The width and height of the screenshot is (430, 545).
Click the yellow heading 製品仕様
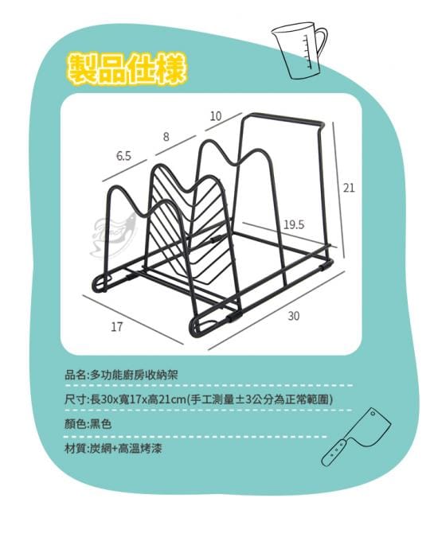(x=127, y=70)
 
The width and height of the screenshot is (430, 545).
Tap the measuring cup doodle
(x=300, y=49)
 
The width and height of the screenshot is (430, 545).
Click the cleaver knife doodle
(x=356, y=437)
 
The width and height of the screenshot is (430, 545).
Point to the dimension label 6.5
(x=124, y=156)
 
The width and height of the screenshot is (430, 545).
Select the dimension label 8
(x=166, y=137)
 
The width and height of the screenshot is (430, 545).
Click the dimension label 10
(x=216, y=116)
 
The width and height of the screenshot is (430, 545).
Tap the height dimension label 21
(x=349, y=188)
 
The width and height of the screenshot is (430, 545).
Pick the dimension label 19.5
(x=294, y=225)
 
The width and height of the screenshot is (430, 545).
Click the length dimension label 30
(x=294, y=316)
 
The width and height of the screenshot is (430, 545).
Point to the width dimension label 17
(x=117, y=327)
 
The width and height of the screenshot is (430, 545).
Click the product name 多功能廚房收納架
(x=134, y=375)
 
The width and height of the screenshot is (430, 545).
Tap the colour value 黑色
(x=100, y=424)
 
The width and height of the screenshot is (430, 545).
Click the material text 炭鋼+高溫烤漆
(x=126, y=449)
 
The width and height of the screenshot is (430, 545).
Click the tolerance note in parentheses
(x=260, y=399)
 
